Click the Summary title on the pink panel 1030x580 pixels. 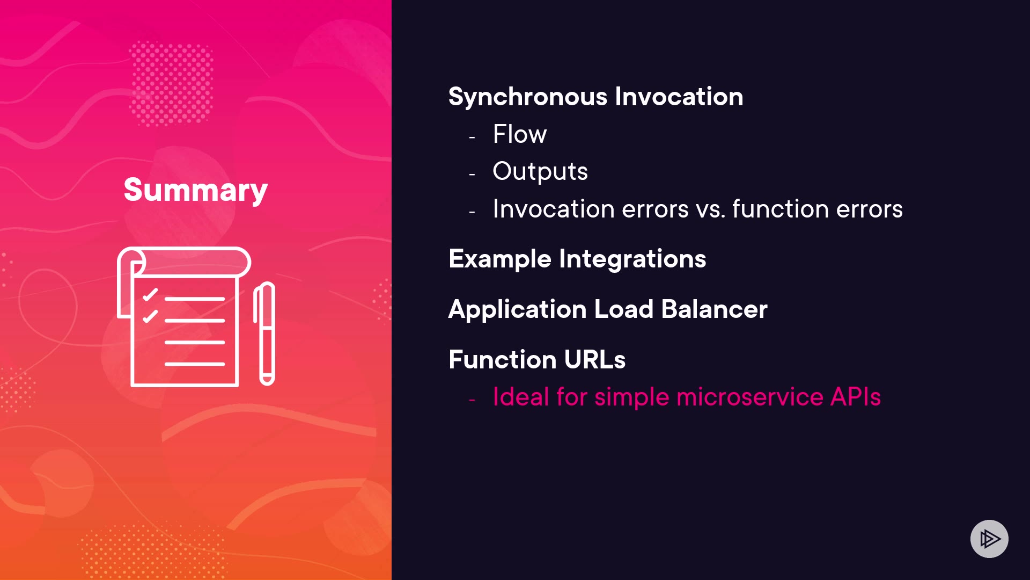196,190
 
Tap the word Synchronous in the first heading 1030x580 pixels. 528,97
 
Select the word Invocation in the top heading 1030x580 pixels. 679,97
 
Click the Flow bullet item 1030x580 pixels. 520,134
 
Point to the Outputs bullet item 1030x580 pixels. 540,172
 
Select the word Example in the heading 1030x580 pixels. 500,259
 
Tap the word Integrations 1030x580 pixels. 632,259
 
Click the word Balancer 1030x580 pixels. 715,309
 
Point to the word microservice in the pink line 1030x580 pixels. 750,397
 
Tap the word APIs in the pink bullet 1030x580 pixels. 856,397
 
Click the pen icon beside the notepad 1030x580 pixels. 264,334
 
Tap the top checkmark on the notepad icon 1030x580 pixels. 150,295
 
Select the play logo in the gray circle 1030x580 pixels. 990,539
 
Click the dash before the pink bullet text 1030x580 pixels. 472,400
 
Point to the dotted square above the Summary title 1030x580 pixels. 171,83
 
